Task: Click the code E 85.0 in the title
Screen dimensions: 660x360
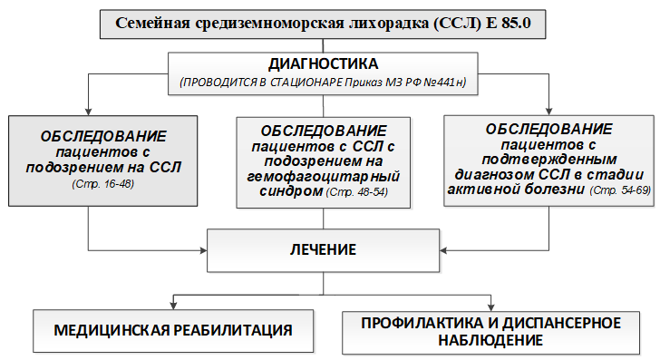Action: pos(509,24)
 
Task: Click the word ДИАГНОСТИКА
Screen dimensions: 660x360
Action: pos(324,64)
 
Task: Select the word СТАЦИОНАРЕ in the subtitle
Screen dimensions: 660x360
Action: pos(306,82)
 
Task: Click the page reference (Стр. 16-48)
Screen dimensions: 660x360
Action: pos(103,184)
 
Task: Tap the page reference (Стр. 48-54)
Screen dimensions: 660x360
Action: pos(357,192)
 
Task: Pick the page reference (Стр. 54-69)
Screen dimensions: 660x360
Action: pos(620,190)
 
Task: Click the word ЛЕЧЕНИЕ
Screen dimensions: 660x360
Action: pos(324,249)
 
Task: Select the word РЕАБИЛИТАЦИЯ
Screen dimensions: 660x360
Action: pos(233,330)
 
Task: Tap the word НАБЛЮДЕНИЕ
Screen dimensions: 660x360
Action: pos(490,340)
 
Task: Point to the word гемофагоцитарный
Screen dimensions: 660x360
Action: pos(324,177)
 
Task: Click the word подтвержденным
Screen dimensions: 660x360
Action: pos(549,160)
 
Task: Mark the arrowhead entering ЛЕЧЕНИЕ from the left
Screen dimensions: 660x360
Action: pos(203,250)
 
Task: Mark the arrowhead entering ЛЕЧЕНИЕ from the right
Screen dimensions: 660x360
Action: pos(443,250)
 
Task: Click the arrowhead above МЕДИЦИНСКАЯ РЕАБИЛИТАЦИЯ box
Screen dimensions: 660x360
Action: pos(173,306)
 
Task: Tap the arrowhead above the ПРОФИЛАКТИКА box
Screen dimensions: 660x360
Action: pos(490,307)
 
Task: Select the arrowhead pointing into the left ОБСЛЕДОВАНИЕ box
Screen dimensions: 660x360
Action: pos(89,112)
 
